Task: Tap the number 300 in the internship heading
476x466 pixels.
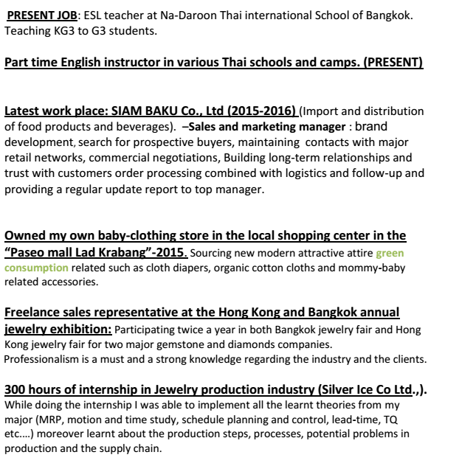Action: point(17,390)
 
